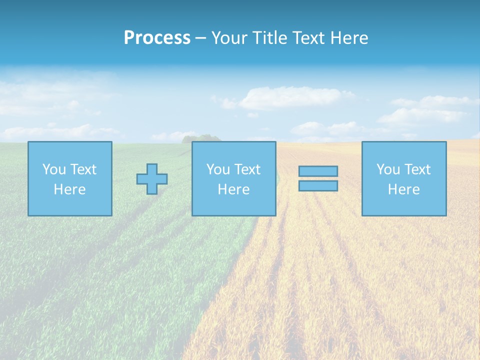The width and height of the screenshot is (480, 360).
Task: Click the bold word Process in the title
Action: (157, 38)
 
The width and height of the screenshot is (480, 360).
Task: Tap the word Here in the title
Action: (348, 38)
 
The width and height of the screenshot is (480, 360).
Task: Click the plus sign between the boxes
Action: (152, 179)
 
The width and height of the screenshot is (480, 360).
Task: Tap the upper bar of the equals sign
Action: (318, 171)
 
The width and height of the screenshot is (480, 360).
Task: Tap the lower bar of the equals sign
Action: (318, 186)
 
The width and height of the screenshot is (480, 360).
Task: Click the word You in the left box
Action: (54, 169)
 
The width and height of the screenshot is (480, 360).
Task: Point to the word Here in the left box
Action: (69, 189)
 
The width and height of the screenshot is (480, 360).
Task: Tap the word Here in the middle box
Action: (233, 189)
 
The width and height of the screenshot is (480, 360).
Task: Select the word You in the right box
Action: (388, 169)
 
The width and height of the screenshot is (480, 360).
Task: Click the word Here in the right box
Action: (403, 189)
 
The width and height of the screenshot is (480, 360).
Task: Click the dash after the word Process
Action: (200, 38)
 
